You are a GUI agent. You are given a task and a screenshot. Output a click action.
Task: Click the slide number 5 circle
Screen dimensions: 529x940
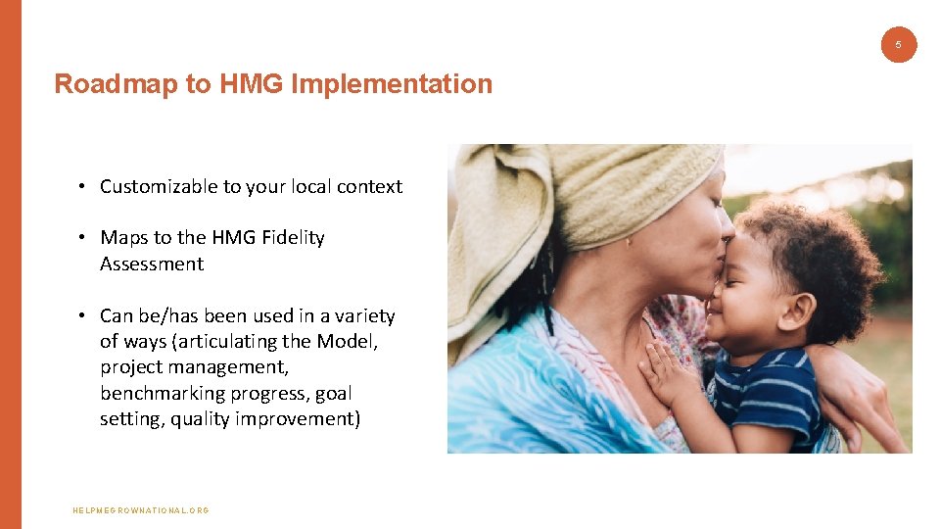coord(899,44)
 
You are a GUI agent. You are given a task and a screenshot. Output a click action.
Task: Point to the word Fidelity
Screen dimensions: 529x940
coord(290,238)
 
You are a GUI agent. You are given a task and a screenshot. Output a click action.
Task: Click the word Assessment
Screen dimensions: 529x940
coord(152,264)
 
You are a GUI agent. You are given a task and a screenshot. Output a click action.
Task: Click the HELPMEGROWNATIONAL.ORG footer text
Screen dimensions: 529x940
coord(141,510)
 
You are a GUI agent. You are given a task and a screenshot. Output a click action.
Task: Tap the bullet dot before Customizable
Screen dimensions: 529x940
coord(85,186)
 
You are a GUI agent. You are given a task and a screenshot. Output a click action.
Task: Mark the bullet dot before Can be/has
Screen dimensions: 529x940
coord(85,315)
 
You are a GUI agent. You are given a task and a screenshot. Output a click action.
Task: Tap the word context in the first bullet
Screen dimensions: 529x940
coord(368,186)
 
